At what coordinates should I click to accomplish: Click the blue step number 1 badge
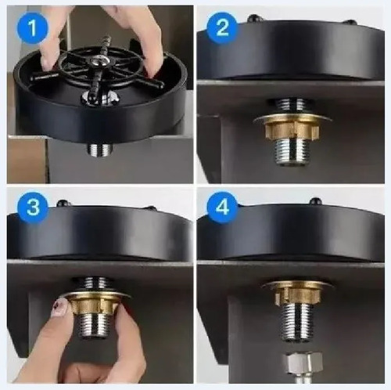(33, 27)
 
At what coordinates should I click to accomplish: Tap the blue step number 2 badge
(222, 27)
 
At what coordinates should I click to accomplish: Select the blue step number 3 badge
(33, 208)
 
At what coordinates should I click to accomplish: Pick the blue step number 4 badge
(222, 208)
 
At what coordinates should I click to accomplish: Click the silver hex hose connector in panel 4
(303, 363)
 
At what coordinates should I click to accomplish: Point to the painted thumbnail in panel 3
(60, 308)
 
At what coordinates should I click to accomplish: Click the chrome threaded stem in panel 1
(100, 150)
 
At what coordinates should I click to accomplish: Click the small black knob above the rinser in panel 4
(315, 200)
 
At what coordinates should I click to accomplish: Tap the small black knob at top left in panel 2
(253, 18)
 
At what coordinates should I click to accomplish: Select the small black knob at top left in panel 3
(63, 203)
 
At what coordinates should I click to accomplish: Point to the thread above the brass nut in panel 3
(91, 284)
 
